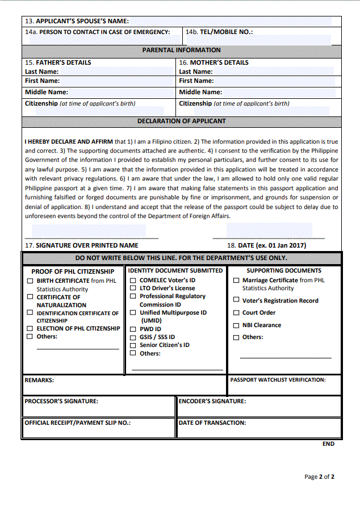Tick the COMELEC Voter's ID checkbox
133,280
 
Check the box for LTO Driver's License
133,288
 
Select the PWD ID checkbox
133,328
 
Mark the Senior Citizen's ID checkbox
133,345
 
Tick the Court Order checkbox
236,312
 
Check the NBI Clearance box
236,325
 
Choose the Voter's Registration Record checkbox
236,300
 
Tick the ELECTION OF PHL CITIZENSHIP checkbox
30,328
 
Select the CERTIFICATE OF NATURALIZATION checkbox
30,296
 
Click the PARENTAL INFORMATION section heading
181,50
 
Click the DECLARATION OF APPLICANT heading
181,121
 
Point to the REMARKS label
39,380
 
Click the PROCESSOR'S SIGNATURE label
61,401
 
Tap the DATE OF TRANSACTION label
212,423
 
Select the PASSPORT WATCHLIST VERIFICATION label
278,380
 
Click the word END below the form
328,444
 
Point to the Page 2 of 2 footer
319,476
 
